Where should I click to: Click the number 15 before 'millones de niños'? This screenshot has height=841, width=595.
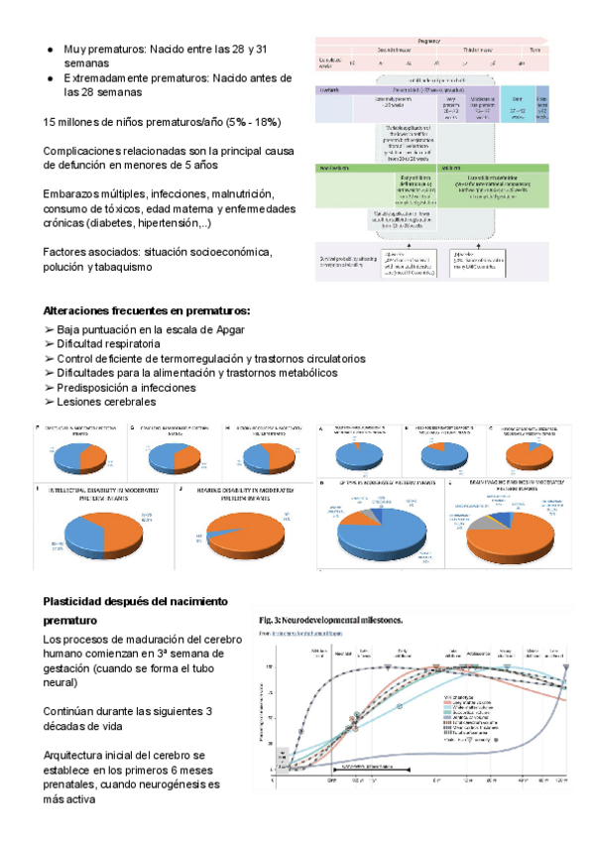click(52, 122)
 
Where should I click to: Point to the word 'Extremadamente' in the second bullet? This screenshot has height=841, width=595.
click(113, 77)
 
